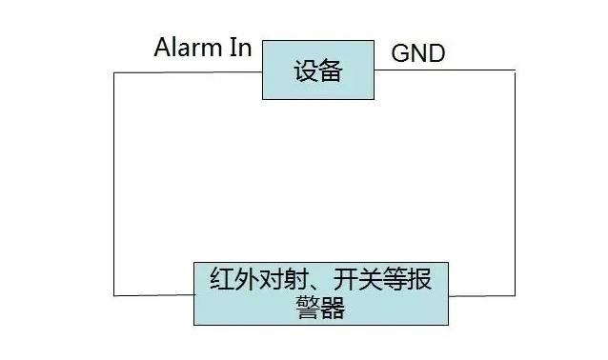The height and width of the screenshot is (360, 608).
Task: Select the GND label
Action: [418, 52]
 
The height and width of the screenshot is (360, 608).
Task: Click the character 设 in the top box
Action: [306, 70]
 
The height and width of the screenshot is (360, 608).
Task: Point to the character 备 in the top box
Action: [331, 70]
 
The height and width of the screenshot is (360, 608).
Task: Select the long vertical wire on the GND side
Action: [516, 181]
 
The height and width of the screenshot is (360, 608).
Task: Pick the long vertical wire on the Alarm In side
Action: [113, 181]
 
